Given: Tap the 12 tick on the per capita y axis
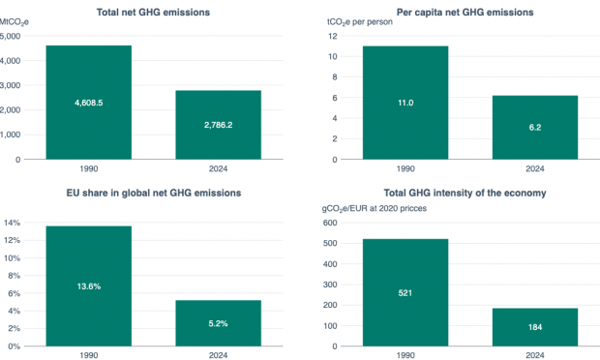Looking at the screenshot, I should tap(332, 36).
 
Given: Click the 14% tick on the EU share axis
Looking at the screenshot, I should tap(12, 223).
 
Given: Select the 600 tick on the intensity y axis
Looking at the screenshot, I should tap(329, 223).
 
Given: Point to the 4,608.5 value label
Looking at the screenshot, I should tap(88, 102).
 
